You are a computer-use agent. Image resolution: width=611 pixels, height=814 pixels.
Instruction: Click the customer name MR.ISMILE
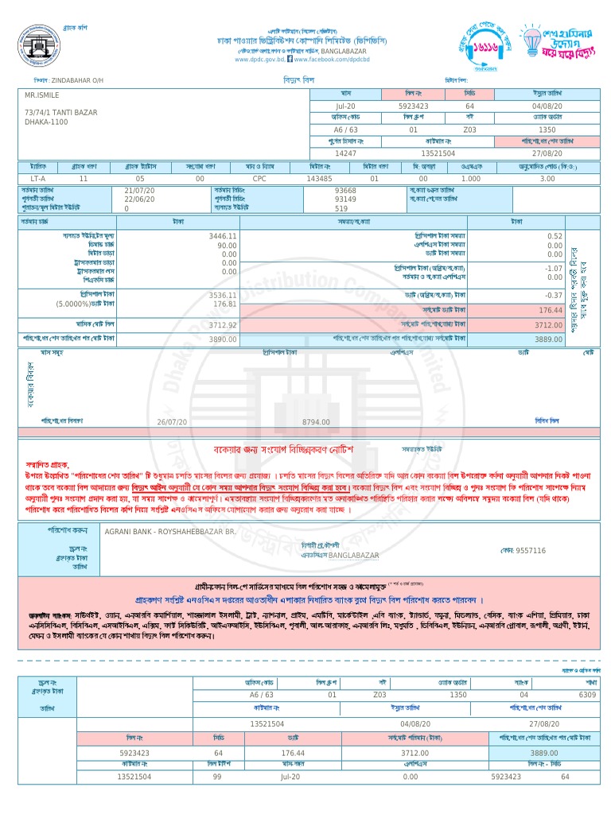41,95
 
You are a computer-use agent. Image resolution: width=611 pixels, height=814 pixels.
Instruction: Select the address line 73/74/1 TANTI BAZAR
60,113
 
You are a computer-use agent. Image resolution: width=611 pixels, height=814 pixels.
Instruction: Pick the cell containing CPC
259,179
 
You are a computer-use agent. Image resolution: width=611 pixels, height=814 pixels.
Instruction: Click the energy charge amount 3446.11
223,236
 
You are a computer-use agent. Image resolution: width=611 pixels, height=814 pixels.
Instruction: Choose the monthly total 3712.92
223,325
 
